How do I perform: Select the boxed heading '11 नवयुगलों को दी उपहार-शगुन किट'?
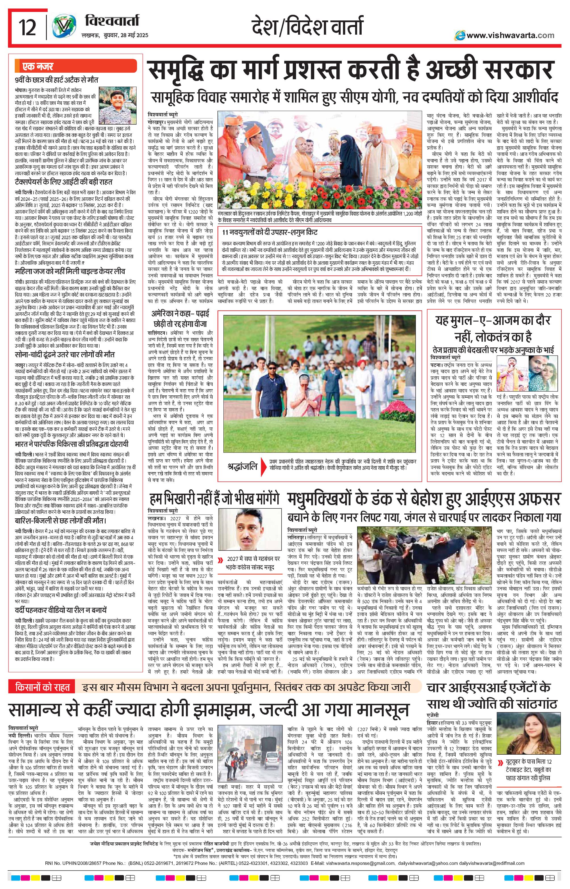[270, 233]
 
